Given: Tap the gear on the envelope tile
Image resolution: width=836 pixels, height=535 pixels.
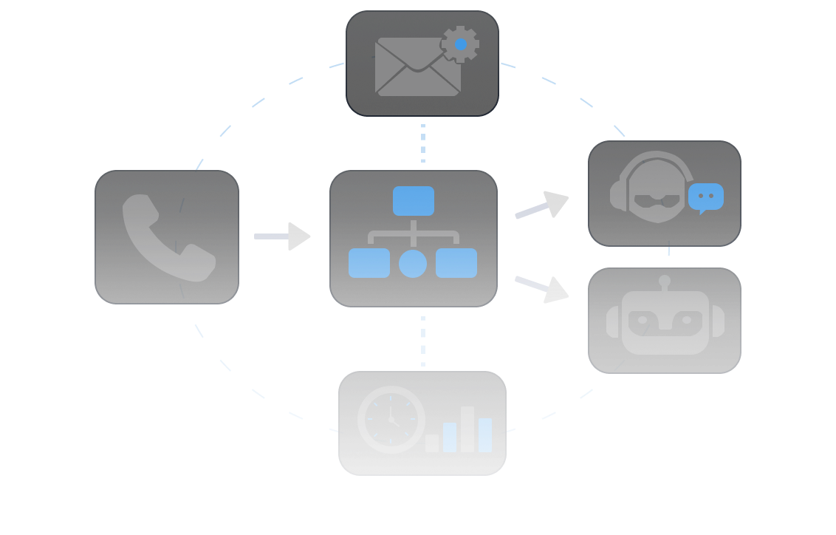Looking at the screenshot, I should (460, 44).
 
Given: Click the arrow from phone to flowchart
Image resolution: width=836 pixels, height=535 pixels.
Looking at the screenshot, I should (282, 236).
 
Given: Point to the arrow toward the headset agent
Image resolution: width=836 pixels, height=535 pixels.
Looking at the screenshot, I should (542, 206).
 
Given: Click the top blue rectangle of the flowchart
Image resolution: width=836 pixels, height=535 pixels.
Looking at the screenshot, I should (414, 201).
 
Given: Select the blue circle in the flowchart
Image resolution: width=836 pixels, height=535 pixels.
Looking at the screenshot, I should (413, 264).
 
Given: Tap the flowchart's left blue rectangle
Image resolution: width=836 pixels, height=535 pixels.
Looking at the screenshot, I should (369, 263).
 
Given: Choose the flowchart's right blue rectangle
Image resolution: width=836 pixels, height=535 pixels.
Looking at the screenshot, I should (456, 263).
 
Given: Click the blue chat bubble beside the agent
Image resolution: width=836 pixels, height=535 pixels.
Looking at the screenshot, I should (705, 197).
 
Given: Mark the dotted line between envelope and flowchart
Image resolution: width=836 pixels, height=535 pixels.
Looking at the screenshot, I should (423, 143).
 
